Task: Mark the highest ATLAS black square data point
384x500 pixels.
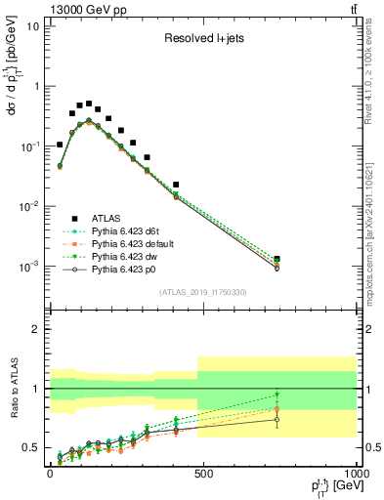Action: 89,104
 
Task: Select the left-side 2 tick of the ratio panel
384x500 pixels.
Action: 35,329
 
